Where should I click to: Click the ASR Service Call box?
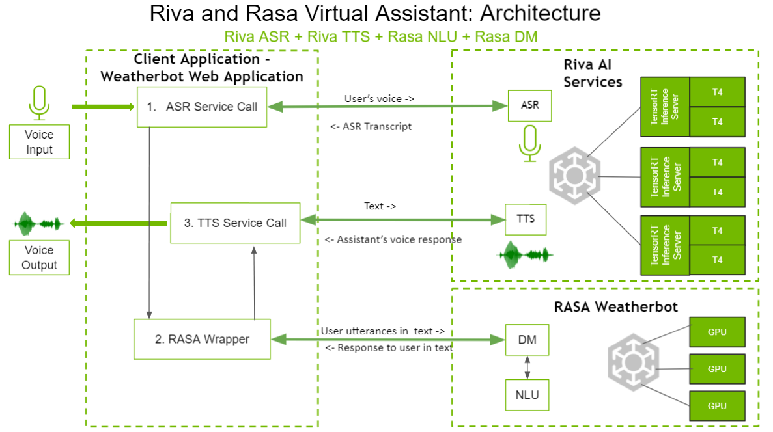click(x=202, y=107)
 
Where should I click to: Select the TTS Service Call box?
click(x=235, y=223)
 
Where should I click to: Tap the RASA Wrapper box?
click(x=202, y=339)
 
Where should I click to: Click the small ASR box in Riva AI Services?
click(x=529, y=105)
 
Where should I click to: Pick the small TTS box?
click(x=526, y=219)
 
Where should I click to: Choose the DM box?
click(x=527, y=340)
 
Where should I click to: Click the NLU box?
click(x=527, y=395)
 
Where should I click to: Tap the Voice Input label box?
click(x=39, y=142)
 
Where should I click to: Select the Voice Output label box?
click(x=39, y=258)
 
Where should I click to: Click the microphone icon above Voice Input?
click(x=39, y=103)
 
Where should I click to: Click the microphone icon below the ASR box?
click(x=529, y=143)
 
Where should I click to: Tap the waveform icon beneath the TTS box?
click(x=526, y=254)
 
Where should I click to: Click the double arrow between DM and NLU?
click(x=527, y=367)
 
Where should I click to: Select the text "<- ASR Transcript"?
click(x=371, y=127)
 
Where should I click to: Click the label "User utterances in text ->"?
click(x=383, y=331)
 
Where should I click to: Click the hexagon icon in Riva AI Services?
click(x=574, y=176)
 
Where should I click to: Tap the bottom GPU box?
click(x=717, y=406)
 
